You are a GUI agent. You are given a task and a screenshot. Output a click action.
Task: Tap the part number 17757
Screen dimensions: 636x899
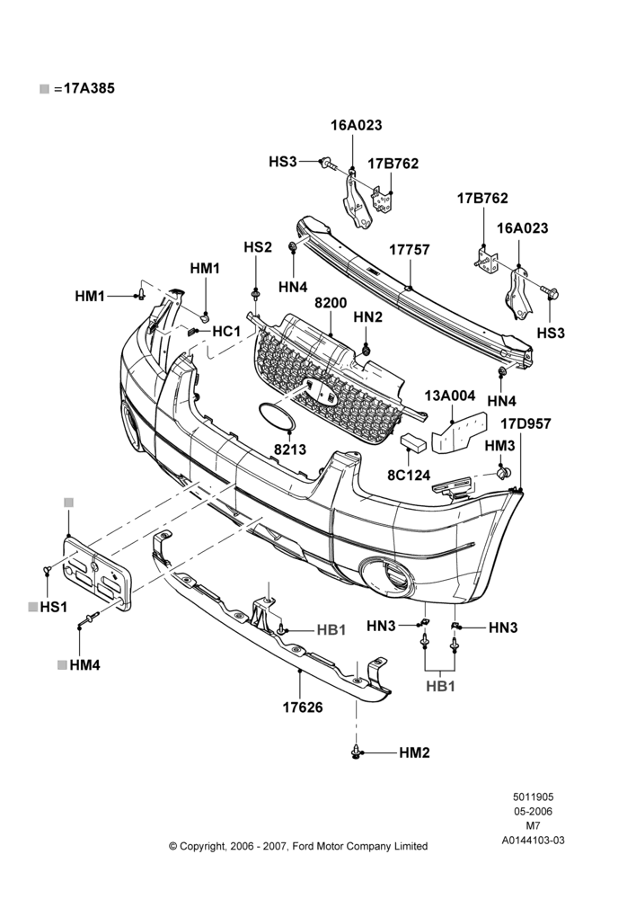coord(409,250)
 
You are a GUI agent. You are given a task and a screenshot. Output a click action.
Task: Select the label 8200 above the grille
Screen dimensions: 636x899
coord(331,303)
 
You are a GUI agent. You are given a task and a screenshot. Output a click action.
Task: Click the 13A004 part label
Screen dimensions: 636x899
coord(450,396)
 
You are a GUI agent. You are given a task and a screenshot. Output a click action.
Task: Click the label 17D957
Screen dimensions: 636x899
coord(526,423)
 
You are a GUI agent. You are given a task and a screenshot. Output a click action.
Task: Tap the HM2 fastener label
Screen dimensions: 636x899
coord(414,752)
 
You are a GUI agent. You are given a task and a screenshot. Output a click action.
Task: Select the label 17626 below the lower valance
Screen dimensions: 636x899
coord(303,708)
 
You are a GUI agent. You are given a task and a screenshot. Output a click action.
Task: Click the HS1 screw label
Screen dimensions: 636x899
coord(54,607)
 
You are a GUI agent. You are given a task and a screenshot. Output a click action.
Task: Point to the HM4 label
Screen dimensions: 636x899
coord(84,665)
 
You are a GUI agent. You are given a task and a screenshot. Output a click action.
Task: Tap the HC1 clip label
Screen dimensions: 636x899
coord(226,332)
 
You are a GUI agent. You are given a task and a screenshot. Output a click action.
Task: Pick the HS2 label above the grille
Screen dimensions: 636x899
coord(258,247)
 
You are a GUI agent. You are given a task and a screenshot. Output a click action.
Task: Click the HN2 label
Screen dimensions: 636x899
coord(367,316)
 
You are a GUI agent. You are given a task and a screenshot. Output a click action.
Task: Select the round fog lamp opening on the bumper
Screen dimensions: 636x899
coord(387,577)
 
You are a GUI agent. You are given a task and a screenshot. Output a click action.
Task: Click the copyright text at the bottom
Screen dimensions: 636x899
coord(298,846)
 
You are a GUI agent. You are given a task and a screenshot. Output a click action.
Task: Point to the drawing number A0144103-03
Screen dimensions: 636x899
coord(533,841)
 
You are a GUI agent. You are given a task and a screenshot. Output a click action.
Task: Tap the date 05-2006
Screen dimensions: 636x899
coord(533,811)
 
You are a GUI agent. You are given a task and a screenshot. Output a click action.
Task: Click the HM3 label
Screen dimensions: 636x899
coord(499,446)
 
